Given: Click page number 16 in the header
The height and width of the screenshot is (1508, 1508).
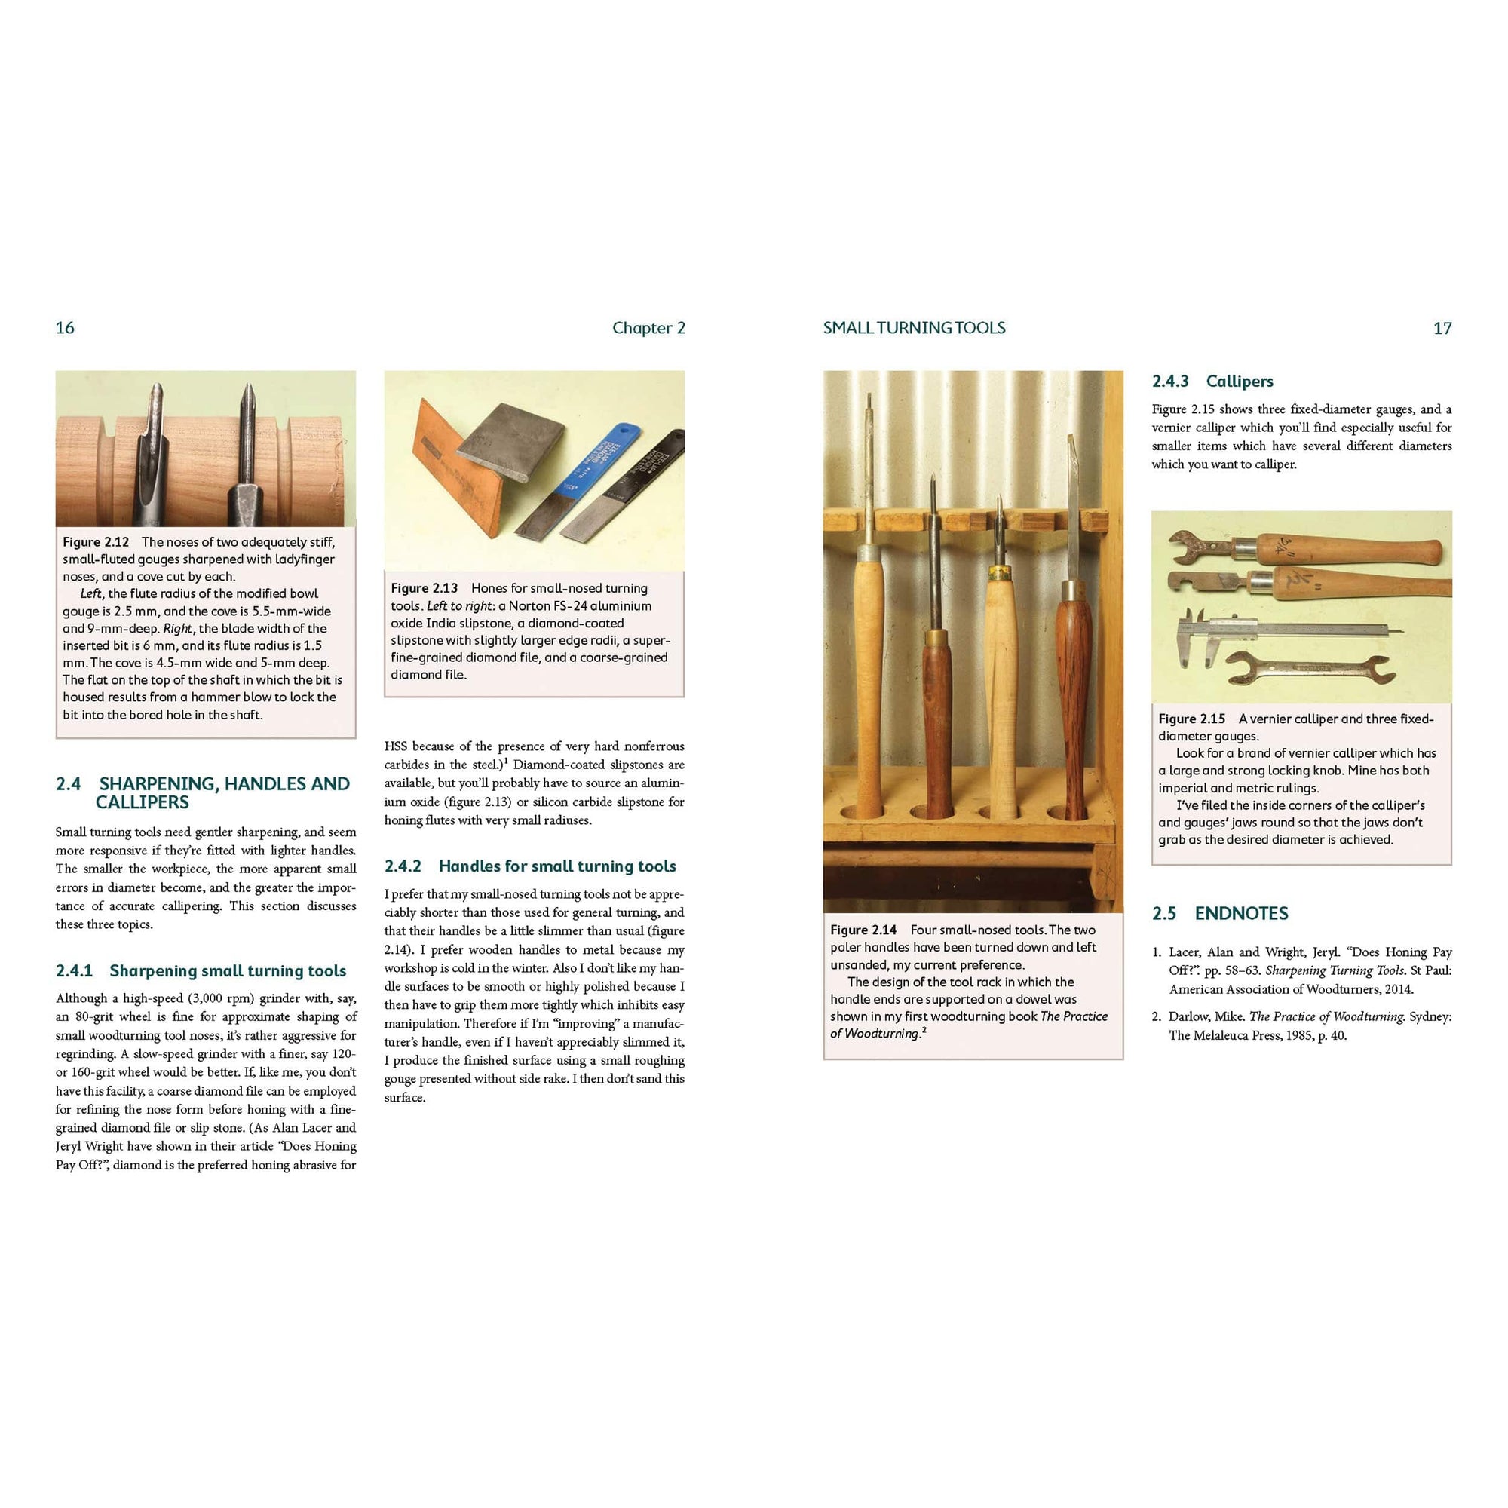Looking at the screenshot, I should (x=65, y=328).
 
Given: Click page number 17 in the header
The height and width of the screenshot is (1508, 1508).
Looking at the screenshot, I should (x=1442, y=328).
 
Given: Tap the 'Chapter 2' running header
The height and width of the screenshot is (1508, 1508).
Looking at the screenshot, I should (x=648, y=328).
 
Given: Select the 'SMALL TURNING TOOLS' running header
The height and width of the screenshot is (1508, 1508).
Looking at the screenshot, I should (x=914, y=328).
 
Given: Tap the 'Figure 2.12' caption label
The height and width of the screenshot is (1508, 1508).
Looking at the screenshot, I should (x=95, y=541).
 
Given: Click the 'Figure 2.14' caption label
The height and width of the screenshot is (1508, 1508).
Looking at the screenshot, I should (x=863, y=930).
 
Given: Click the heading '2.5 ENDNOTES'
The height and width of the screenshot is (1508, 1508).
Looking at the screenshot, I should (x=1219, y=913).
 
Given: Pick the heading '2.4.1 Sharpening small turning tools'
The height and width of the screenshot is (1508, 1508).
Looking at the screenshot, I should (x=201, y=971).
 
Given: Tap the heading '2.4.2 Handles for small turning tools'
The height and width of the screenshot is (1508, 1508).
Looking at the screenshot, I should (x=530, y=866).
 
